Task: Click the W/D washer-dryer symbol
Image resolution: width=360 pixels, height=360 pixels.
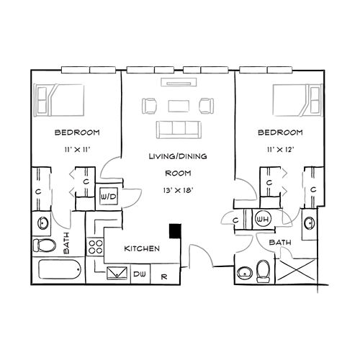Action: pyautogui.click(x=109, y=196)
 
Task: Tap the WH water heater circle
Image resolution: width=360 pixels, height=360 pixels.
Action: pyautogui.click(x=263, y=218)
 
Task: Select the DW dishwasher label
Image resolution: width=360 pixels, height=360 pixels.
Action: pyautogui.click(x=140, y=274)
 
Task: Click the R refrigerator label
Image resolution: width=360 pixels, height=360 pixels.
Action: pyautogui.click(x=164, y=276)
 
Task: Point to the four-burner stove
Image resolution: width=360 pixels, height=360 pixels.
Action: pyautogui.click(x=95, y=247)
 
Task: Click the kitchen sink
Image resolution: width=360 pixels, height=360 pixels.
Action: pyautogui.click(x=117, y=273)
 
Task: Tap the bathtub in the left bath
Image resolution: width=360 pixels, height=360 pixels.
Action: pyautogui.click(x=59, y=269)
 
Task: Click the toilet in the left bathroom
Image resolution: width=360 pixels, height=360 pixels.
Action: pyautogui.click(x=44, y=245)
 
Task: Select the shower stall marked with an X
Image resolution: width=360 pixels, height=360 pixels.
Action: pyautogui.click(x=297, y=269)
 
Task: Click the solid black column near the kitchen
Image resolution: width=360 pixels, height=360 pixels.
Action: pyautogui.click(x=175, y=231)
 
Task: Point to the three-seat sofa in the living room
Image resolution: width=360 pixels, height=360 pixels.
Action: pyautogui.click(x=179, y=130)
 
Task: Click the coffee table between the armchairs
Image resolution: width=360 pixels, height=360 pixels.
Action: pyautogui.click(x=179, y=106)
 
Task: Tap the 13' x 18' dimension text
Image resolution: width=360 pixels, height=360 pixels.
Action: pyautogui.click(x=178, y=190)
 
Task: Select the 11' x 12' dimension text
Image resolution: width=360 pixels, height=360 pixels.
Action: pyautogui.click(x=280, y=150)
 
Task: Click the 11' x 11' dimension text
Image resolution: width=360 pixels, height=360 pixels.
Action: pyautogui.click(x=77, y=150)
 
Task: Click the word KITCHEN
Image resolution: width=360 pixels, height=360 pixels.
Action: pyautogui.click(x=142, y=248)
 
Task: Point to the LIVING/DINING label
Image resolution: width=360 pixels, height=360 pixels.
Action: pyautogui.click(x=178, y=156)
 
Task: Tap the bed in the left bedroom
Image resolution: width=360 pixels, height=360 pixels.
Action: pyautogui.click(x=59, y=100)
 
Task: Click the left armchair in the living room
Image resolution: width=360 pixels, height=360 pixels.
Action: pyautogui.click(x=150, y=106)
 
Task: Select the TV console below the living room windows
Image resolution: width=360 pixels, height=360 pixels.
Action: pyautogui.click(x=179, y=82)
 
